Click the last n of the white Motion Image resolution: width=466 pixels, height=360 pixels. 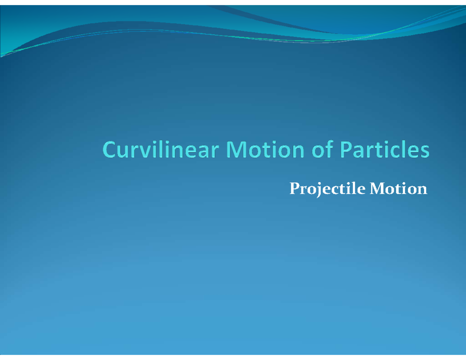(x=422, y=190)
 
